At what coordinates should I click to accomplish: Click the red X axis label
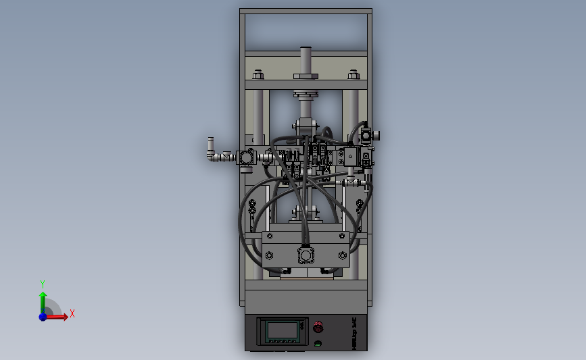tap(72, 313)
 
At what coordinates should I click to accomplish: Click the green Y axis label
tap(42, 284)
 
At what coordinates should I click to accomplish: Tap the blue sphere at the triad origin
tap(43, 316)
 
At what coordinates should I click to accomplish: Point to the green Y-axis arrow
tap(43, 301)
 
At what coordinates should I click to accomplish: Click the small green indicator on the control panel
tap(318, 343)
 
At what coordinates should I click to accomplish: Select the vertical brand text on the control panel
tap(355, 334)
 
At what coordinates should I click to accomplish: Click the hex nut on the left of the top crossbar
tap(257, 75)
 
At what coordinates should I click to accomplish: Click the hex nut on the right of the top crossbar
tap(351, 75)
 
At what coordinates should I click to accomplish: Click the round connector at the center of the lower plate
tap(306, 255)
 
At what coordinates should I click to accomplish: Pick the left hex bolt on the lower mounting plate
tap(270, 255)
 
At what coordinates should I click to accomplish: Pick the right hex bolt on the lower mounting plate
tap(342, 255)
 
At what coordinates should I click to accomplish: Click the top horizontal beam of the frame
tap(306, 11)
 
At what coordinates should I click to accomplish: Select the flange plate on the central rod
tap(306, 94)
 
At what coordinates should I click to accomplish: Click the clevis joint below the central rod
tap(306, 126)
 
